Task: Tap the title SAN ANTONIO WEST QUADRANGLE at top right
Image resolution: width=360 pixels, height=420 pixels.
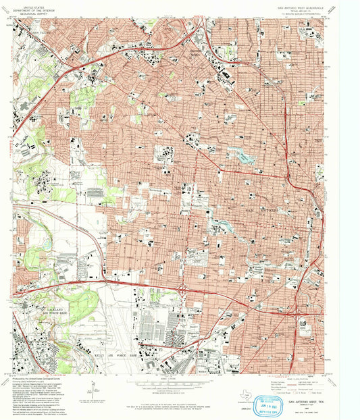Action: pyautogui.click(x=300, y=9)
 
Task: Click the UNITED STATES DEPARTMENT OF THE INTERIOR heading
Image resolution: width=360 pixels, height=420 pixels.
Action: pyautogui.click(x=32, y=9)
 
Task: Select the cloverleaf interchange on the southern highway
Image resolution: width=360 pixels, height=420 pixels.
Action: pyautogui.click(x=183, y=291)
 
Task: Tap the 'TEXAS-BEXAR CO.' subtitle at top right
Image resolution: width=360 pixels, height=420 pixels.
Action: pyautogui.click(x=300, y=13)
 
